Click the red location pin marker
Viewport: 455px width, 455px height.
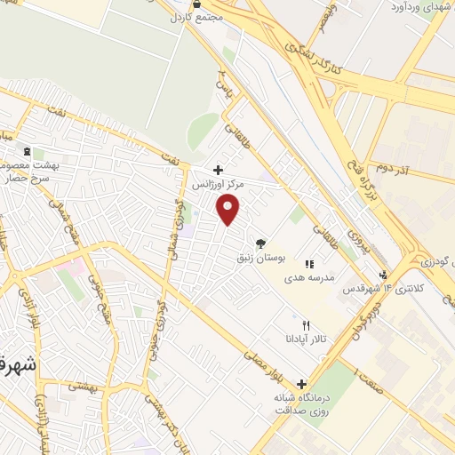[x=229, y=209]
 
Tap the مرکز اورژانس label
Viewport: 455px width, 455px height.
[x=218, y=184]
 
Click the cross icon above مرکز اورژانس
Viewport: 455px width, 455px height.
[x=218, y=169]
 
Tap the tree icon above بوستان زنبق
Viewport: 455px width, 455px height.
[x=260, y=243]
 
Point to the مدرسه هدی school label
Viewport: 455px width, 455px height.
[x=308, y=278]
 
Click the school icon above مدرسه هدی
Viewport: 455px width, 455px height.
[x=309, y=264]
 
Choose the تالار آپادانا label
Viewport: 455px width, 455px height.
[x=307, y=339]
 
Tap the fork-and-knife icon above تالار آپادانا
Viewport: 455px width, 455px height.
[x=307, y=325]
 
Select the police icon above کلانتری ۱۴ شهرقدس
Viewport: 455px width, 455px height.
[x=383, y=275]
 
